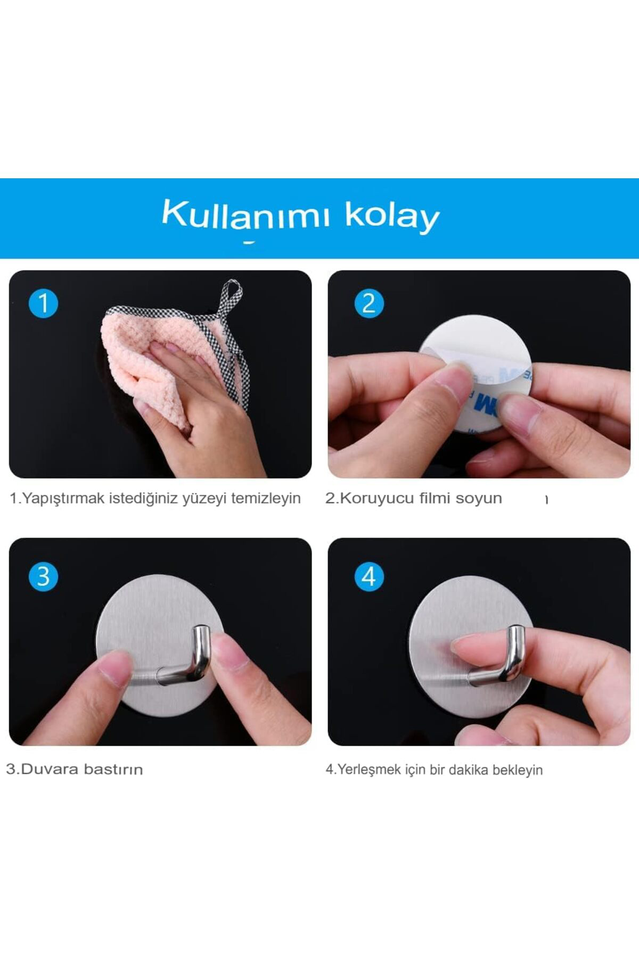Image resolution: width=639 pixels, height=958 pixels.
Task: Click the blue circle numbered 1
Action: (43, 303)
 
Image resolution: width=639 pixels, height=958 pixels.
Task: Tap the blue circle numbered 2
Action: (368, 303)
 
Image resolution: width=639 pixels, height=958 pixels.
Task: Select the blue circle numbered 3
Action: (43, 576)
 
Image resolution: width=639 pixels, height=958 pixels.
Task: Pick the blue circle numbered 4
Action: (368, 576)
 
